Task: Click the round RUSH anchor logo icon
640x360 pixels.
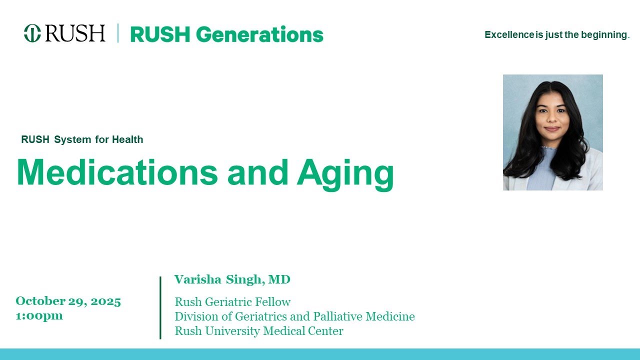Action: tap(32, 33)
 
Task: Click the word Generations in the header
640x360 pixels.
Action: tap(259, 34)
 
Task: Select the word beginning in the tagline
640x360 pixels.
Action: tap(604, 35)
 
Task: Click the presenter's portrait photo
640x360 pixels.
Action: tap(552, 132)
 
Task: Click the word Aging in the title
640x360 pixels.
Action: tap(345, 174)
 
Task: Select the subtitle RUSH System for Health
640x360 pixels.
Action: tap(82, 140)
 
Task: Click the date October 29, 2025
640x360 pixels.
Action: tap(68, 301)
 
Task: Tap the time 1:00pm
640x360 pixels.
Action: tap(39, 315)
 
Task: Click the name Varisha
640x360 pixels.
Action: tap(197, 279)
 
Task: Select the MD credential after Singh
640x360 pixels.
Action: tap(279, 279)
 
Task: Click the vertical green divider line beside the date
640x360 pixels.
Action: tap(160, 307)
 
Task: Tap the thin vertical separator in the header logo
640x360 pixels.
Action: tap(118, 33)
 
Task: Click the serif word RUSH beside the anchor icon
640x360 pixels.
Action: tap(75, 33)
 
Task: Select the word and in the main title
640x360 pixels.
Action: tap(257, 173)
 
